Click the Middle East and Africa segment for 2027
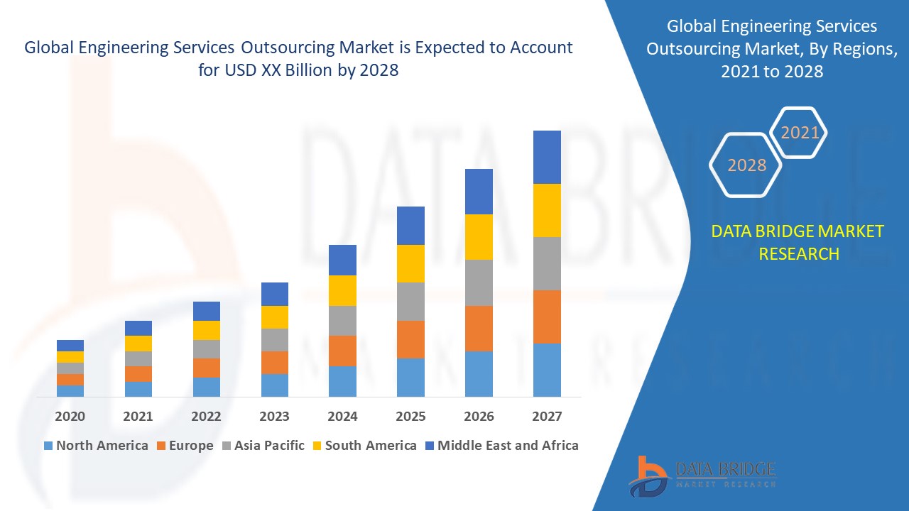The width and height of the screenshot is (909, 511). (547, 157)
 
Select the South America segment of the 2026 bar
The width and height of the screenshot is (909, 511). (479, 237)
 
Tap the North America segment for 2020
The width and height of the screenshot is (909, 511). (70, 390)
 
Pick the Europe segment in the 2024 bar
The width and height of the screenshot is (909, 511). (342, 351)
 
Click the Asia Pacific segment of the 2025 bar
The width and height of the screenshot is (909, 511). (410, 302)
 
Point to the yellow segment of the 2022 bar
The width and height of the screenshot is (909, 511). (207, 330)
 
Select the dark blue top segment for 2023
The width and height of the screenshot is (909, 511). (275, 294)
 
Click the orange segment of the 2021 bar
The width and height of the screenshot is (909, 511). (138, 374)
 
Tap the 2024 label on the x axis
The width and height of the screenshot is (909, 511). (342, 417)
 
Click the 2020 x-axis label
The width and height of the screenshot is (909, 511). (70, 417)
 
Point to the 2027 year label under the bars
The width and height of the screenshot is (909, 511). (547, 417)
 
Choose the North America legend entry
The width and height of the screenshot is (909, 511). (95, 446)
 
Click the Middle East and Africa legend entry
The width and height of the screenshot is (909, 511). (501, 446)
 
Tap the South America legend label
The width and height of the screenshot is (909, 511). (371, 446)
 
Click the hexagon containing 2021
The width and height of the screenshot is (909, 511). (800, 133)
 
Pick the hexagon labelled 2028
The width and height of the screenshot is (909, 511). (746, 165)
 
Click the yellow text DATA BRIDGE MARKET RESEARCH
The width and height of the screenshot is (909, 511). (798, 242)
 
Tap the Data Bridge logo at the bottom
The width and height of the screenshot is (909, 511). (702, 476)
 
